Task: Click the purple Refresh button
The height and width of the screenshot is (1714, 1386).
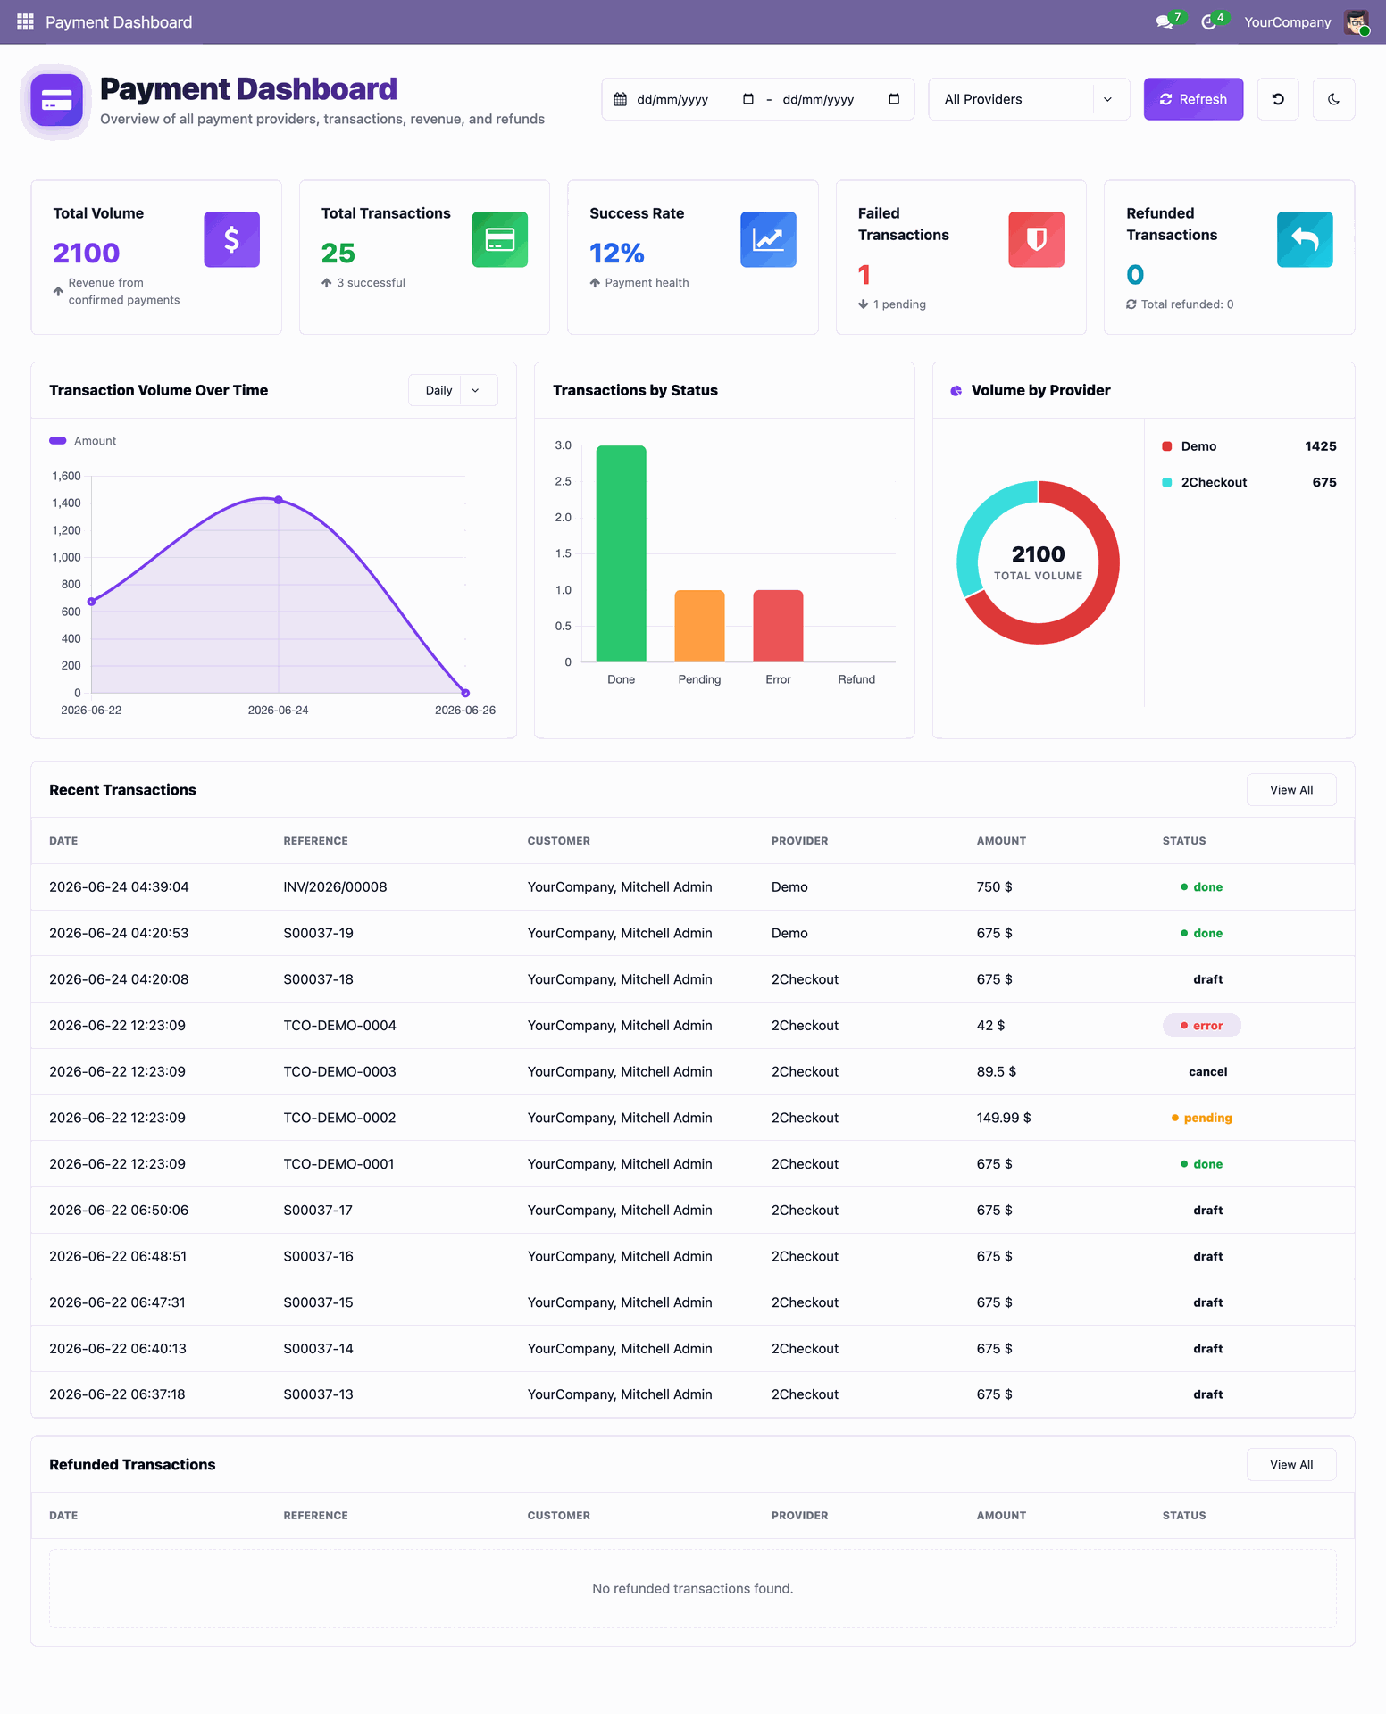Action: coord(1193,99)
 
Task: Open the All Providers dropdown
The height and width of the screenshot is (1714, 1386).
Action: coord(1029,99)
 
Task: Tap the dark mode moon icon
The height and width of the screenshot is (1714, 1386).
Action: coord(1333,99)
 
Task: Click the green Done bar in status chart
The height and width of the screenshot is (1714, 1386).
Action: coord(621,553)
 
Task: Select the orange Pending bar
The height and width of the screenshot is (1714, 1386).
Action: coord(699,626)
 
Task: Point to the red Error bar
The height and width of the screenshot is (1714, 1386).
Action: coord(778,626)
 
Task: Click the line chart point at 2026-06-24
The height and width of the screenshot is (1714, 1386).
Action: coord(279,500)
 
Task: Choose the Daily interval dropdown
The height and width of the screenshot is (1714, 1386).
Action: coord(453,390)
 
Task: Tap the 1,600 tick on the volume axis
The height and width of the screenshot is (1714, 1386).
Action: coord(66,476)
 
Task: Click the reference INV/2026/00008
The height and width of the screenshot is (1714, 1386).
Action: coord(335,886)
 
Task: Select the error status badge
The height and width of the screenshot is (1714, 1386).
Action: coord(1201,1025)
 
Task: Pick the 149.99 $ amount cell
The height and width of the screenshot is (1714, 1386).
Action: coord(1004,1118)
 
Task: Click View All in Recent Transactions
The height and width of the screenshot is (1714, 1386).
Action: coord(1291,790)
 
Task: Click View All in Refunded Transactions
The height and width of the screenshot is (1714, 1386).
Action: coord(1291,1464)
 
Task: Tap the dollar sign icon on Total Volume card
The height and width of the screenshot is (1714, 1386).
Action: coord(232,239)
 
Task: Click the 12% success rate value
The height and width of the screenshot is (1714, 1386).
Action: coord(617,254)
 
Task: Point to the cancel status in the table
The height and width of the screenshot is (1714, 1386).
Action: coord(1207,1071)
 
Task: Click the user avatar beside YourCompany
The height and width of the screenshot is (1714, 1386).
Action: coord(1357,22)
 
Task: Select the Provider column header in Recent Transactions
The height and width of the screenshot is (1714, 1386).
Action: coord(799,841)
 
